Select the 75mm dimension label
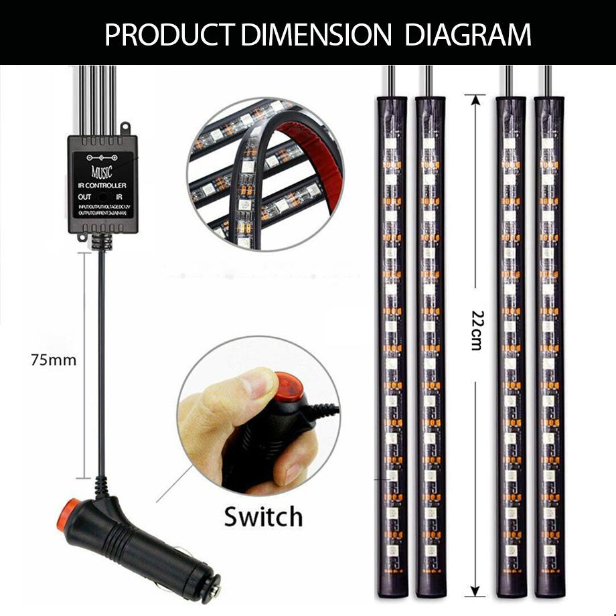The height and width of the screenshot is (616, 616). [x=54, y=360]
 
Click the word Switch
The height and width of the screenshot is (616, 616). [x=263, y=517]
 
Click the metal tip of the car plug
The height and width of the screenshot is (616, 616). [x=215, y=590]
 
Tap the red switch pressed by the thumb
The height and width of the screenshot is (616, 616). [x=288, y=386]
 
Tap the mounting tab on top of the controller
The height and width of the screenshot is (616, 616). [x=125, y=128]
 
